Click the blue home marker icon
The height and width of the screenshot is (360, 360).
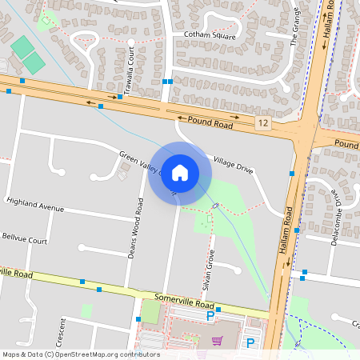180,172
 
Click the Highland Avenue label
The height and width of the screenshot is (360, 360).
34,206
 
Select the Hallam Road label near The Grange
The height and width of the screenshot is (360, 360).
328,21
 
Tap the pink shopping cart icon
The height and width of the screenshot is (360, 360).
217,342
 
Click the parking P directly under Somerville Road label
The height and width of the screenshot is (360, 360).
210,317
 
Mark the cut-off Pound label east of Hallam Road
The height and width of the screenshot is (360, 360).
346,143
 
